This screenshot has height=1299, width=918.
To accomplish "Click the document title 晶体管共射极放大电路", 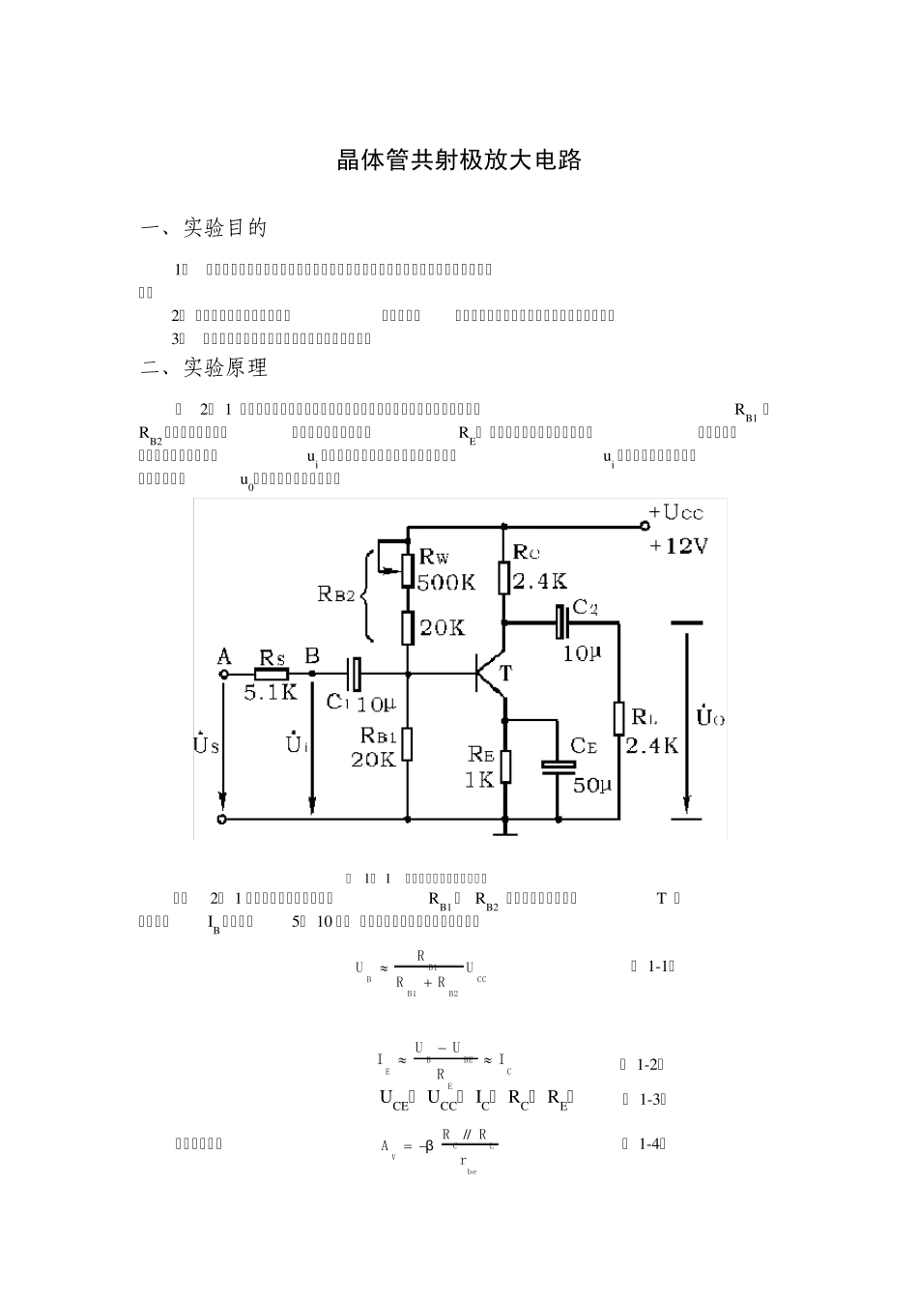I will [x=459, y=160].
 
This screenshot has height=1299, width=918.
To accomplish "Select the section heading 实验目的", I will [x=225, y=228].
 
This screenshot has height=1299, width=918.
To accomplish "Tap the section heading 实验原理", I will [x=225, y=367].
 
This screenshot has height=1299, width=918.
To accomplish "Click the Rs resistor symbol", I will [x=272, y=674].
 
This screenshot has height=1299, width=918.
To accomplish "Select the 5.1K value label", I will [x=271, y=693].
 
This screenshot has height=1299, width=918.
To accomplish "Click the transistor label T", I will [x=504, y=674].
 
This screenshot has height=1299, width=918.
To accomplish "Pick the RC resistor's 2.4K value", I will [x=539, y=581].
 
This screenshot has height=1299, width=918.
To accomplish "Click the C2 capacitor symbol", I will [x=559, y=621].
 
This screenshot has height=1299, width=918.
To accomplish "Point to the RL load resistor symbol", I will [x=618, y=719].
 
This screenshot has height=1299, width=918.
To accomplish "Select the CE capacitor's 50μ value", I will [x=591, y=786].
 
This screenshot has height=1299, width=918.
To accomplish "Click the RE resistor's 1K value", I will [x=479, y=779].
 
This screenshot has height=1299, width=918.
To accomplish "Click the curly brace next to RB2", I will [x=369, y=595].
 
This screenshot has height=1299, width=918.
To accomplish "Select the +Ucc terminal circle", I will [x=645, y=527].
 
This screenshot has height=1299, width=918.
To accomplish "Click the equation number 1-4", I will [x=652, y=1143].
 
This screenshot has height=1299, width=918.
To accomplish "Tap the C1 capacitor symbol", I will [x=355, y=674].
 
